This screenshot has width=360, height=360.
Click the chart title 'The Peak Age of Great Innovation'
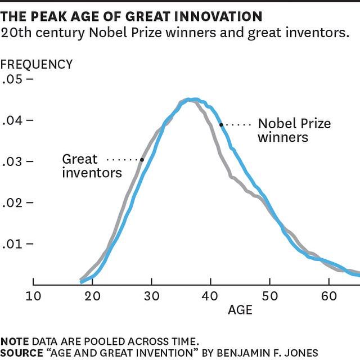pos(132,16)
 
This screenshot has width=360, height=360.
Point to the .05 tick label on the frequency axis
pos(12,79)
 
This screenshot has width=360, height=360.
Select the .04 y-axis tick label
pos(12,120)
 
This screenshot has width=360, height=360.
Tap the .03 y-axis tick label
pos(12,162)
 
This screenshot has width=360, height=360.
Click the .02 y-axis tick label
pos(12,203)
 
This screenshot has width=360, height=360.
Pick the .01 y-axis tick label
pos(12,244)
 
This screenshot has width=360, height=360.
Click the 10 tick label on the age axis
pos(33,296)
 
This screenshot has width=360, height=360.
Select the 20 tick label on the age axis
pos(92,296)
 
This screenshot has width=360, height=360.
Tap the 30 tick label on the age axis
pos(151,296)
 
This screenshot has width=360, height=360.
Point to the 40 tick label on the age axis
pos(210,296)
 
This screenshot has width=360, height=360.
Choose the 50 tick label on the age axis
pos(269,296)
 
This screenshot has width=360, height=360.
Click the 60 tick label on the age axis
pos(328,296)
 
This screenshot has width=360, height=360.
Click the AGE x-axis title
pos(240,310)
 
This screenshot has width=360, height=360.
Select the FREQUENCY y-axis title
pos(37,64)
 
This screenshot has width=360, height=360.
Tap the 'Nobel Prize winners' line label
pos(294,130)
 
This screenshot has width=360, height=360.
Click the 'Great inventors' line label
pos(92,166)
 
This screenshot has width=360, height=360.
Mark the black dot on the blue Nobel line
pos(221,124)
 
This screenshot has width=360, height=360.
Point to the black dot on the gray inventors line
pos(142,160)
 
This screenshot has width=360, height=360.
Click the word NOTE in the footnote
pos(15,341)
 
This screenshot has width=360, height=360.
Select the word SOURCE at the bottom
pos(21,353)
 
